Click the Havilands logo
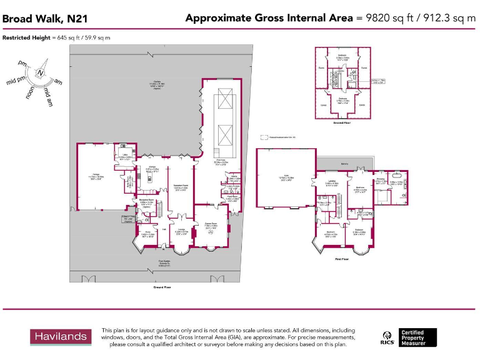(x=59, y=337)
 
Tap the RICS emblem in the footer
(x=387, y=338)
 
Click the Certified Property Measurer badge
(x=418, y=337)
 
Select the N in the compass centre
(x=40, y=73)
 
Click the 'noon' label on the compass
(x=29, y=92)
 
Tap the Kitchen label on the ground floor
(x=152, y=166)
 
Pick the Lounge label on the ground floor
(x=181, y=229)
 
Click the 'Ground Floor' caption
(x=162, y=287)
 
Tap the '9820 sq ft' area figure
(x=382, y=18)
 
